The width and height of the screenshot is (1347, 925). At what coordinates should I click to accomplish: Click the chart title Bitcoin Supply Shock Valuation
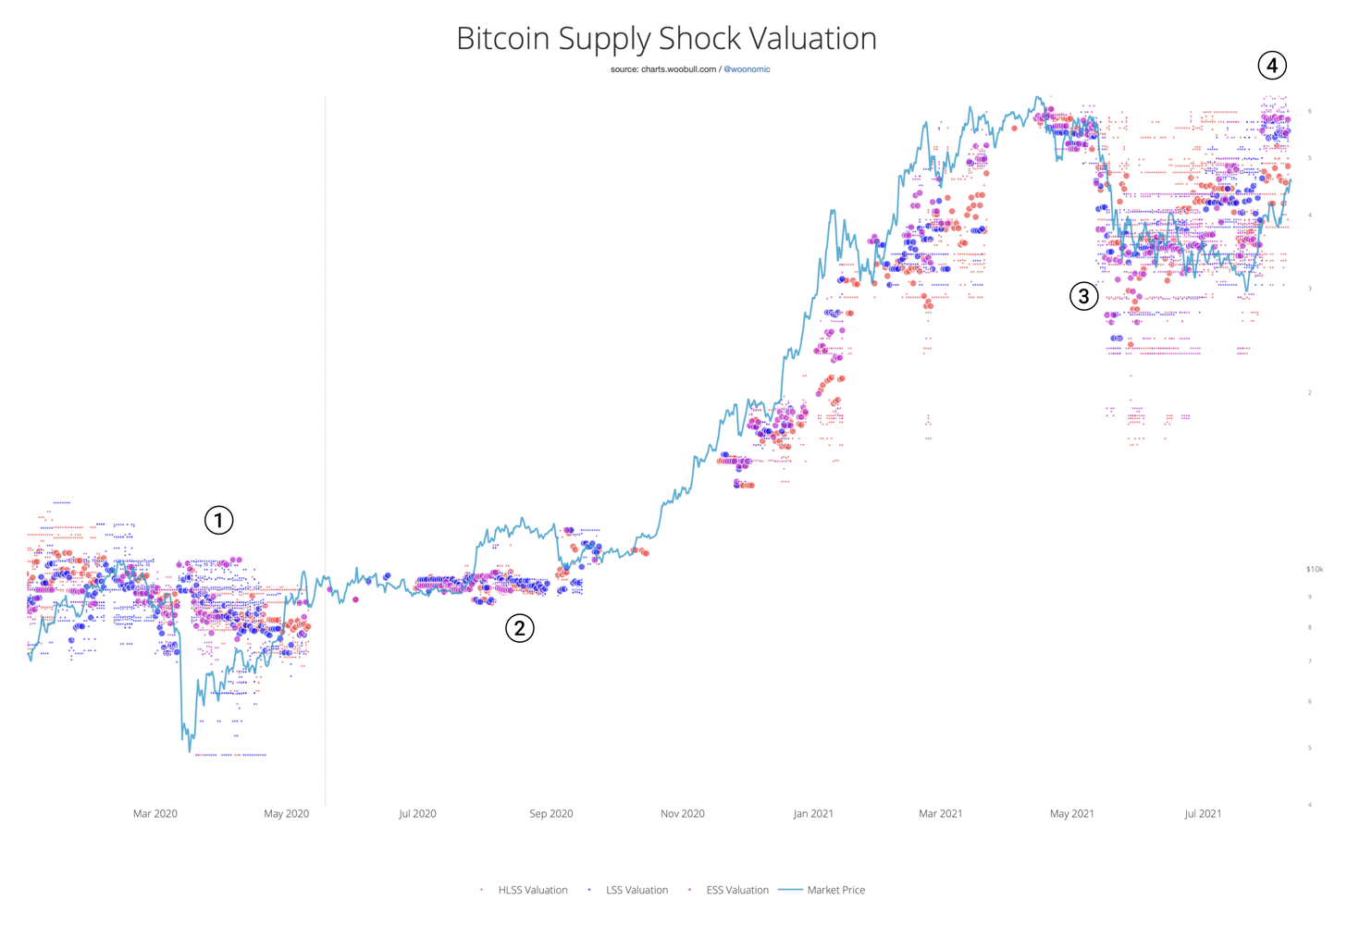click(x=666, y=39)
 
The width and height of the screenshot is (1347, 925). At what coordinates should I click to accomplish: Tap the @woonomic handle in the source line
click(x=747, y=69)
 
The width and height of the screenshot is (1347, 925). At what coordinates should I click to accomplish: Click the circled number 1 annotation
click(x=218, y=521)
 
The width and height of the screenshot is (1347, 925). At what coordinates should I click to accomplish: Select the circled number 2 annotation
click(x=520, y=629)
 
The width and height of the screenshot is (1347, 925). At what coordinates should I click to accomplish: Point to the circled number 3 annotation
click(x=1083, y=296)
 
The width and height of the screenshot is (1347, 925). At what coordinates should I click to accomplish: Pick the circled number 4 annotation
click(x=1272, y=66)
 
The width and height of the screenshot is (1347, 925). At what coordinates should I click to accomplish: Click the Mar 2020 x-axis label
click(x=154, y=814)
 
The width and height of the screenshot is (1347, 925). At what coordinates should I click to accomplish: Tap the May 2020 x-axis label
click(x=286, y=814)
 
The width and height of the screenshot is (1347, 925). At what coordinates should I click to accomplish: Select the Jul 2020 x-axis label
click(x=417, y=814)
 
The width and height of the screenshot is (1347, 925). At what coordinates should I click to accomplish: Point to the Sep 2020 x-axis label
click(x=550, y=814)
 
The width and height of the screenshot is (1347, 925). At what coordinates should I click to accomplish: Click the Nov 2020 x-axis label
click(x=682, y=814)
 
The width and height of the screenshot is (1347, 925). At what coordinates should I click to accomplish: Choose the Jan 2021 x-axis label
click(x=813, y=814)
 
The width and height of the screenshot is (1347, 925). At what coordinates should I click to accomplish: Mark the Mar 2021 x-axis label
click(x=940, y=814)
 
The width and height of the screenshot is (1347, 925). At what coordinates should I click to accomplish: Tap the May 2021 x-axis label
click(x=1071, y=814)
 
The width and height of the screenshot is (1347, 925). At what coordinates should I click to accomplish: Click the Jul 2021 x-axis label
click(x=1203, y=814)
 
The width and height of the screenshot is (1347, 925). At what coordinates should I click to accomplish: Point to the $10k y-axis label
click(x=1314, y=570)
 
